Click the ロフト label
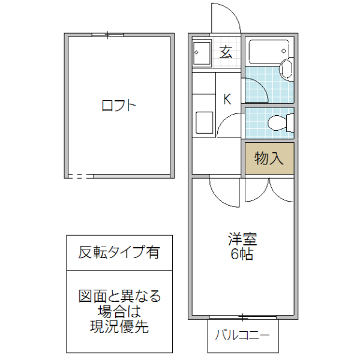pyautogui.click(x=119, y=107)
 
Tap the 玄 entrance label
pyautogui.click(x=226, y=52)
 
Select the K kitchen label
pyautogui.click(x=227, y=100)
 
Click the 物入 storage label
pyautogui.click(x=269, y=158)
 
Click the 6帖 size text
pyautogui.click(x=242, y=254)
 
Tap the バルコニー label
pyautogui.click(x=243, y=335)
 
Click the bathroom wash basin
pyautogui.click(x=286, y=69)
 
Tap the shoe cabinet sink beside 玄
pyautogui.click(x=202, y=53)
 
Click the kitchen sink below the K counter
pyautogui.click(x=203, y=123)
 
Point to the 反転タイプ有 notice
pyautogui.click(x=119, y=253)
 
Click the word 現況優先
pyautogui.click(x=119, y=327)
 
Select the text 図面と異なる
pyautogui.click(x=119, y=296)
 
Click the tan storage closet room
pyautogui.click(x=269, y=158)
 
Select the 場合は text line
pyautogui.click(x=119, y=311)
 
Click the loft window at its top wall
pyautogui.click(x=108, y=35)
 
